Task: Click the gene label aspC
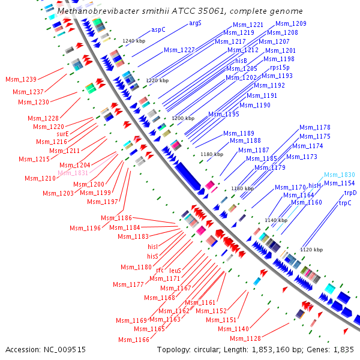pyautogui.click(x=158, y=29)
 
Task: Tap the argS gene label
pyautogui.click(x=195, y=23)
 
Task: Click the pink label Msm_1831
pyautogui.click(x=73, y=173)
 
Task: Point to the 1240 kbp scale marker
pyautogui.click(x=134, y=41)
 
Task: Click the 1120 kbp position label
pyautogui.click(x=311, y=249)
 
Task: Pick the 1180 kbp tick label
pyautogui.click(x=211, y=154)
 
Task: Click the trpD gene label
pyautogui.click(x=350, y=193)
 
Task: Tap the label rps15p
pyautogui.click(x=279, y=68)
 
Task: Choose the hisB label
pyautogui.click(x=241, y=61)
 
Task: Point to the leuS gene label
pyautogui.click(x=175, y=271)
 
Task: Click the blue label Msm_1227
pyautogui.click(x=179, y=50)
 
